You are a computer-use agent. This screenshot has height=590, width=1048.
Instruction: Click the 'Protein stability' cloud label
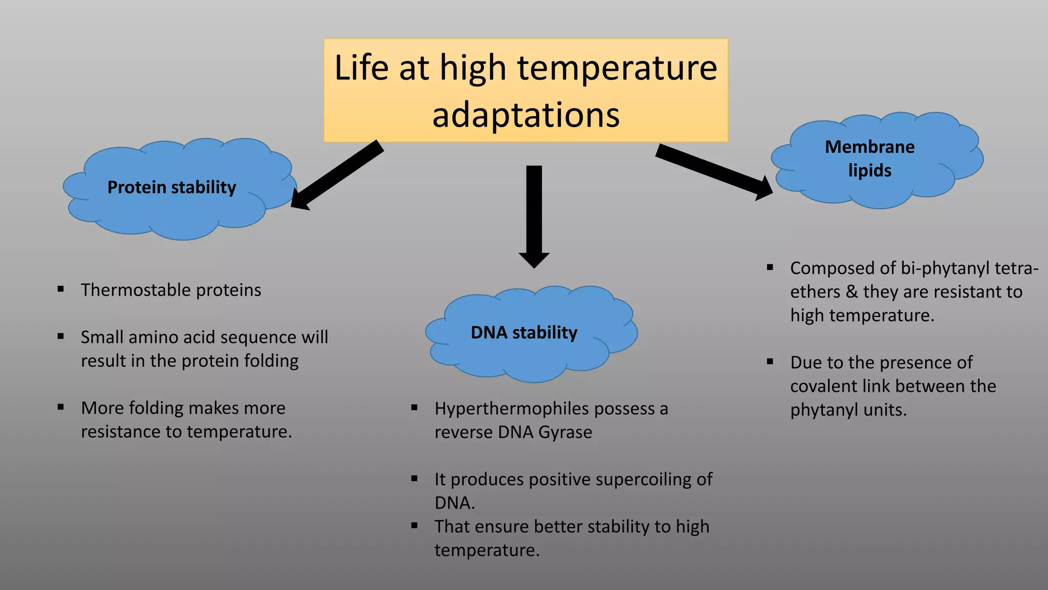[x=171, y=187]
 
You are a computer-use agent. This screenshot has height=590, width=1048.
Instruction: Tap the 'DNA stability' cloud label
[x=523, y=333]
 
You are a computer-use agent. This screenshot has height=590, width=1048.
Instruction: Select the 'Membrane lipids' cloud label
[x=869, y=158]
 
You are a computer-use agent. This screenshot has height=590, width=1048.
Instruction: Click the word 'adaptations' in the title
[x=526, y=115]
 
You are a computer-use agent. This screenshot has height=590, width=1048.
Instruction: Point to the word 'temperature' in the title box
[x=617, y=68]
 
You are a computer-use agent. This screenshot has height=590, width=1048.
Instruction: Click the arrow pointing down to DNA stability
[x=534, y=215]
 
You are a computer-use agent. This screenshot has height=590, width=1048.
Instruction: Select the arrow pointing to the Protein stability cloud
[x=338, y=174]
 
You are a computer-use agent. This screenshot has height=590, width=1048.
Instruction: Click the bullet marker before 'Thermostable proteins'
[x=61, y=289]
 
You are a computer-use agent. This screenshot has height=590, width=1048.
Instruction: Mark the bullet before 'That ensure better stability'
[x=414, y=525]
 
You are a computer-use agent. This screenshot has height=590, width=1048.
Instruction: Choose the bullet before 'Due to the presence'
[x=770, y=362]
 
